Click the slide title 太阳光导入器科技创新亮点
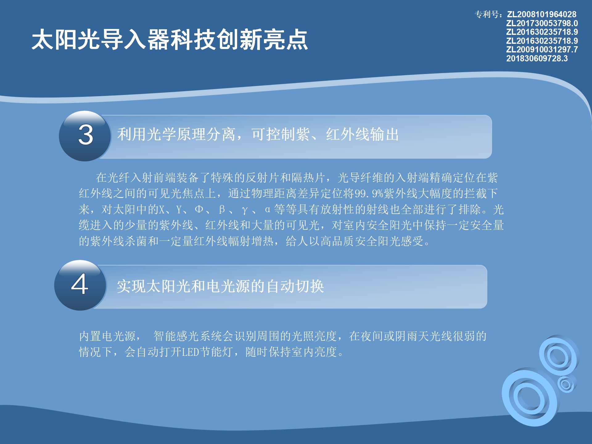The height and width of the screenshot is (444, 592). click(170, 39)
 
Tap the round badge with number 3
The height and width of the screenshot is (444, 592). click(85, 136)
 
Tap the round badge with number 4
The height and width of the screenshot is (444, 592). click(80, 285)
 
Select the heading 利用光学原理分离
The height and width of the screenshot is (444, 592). click(176, 134)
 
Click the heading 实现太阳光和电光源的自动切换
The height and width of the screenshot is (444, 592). click(220, 286)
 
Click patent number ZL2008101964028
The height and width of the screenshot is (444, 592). click(542, 14)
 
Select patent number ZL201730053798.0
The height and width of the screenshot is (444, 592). click(542, 23)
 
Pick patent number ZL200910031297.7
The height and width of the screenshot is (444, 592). click(542, 49)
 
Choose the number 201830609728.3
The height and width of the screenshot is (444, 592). click(537, 58)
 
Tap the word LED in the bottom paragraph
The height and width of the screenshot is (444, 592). click(191, 352)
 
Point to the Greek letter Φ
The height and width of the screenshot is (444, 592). click(199, 209)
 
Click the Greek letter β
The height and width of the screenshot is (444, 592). click(222, 210)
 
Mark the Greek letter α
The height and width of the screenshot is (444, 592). click(267, 210)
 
